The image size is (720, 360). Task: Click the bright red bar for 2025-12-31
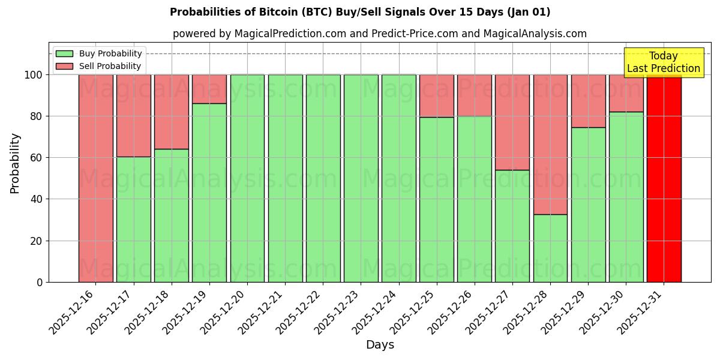664,180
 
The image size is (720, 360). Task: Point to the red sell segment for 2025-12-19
209,89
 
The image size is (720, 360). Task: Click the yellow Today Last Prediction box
663,62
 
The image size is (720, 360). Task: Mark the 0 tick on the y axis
40,282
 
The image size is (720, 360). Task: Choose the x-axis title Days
380,345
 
